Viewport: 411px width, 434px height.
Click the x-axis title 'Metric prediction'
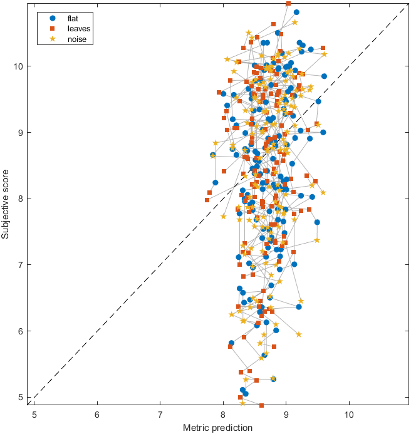(218, 428)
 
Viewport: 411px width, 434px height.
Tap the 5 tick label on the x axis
(34, 414)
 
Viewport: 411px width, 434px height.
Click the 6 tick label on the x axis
(97, 414)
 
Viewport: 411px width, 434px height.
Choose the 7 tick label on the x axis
(160, 414)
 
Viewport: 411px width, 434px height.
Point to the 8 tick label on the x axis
(223, 414)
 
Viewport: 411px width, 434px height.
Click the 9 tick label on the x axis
(286, 414)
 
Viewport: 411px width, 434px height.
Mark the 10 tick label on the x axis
(349, 414)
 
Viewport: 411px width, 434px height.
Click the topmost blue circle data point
(296, 12)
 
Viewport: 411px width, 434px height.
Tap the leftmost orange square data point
(207, 200)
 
